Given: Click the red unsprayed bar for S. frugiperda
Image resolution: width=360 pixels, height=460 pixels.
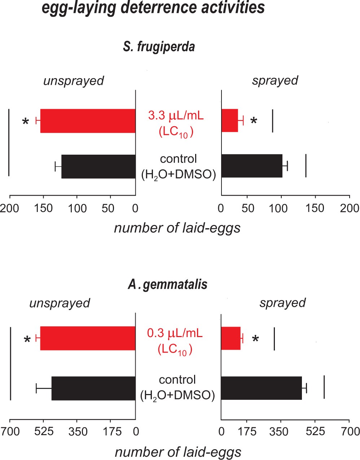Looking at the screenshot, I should tap(88, 121).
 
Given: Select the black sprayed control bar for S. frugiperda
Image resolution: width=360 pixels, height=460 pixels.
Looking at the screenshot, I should tap(251, 166).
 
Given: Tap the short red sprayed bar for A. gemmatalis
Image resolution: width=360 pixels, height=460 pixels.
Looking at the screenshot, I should tap(231, 338).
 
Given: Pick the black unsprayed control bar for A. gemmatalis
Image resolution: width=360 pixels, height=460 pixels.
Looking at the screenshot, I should tap(93, 388).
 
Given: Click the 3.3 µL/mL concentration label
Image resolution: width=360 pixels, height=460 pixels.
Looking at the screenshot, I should tap(176, 116).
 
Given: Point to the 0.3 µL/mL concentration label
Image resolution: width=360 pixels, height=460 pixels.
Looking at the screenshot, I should tap(175, 333).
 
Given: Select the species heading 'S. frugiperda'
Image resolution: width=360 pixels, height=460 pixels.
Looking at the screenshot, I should tap(159, 47).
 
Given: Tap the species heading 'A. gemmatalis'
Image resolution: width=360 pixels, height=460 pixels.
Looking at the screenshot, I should tap(168, 284).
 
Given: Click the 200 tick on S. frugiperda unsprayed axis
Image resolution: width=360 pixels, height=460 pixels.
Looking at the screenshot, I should tap(10, 208).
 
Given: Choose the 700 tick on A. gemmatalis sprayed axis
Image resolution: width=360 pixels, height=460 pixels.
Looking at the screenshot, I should tap(349, 431).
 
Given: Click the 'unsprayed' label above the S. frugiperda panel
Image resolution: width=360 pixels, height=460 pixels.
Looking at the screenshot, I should tap(74, 81).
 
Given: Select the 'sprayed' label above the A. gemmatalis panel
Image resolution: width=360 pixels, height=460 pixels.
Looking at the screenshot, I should tap(282, 303).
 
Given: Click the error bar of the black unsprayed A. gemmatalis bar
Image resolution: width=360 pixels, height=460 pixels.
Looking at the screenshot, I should tap(43, 388).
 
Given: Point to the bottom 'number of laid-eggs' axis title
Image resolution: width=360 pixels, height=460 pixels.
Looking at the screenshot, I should tap(178, 452).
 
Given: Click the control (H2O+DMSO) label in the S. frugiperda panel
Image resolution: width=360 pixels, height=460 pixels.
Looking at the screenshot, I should tap(178, 166).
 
